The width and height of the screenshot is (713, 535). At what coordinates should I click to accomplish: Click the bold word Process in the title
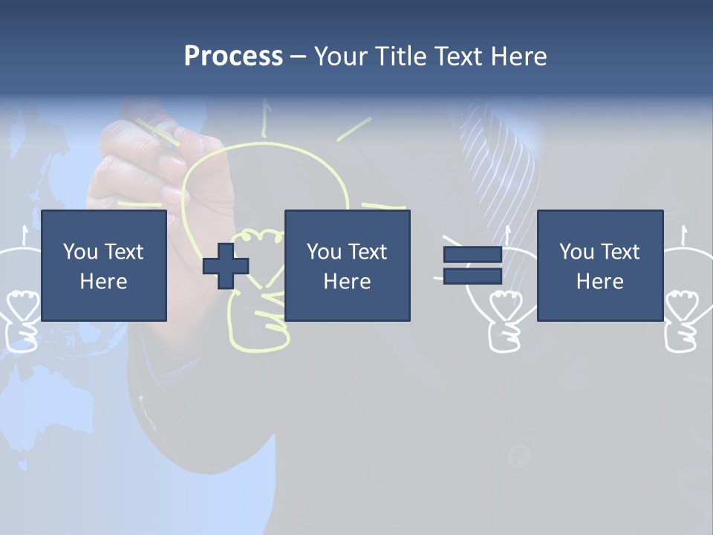click(x=233, y=56)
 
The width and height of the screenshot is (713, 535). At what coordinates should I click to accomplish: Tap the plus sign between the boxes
click(x=226, y=266)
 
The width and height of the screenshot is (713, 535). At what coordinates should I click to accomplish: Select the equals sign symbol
click(x=472, y=266)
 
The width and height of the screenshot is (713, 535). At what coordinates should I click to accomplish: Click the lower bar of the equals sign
click(x=472, y=276)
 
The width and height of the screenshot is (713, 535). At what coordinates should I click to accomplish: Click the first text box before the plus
click(x=104, y=265)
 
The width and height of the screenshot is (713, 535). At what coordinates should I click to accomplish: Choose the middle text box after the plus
click(x=347, y=265)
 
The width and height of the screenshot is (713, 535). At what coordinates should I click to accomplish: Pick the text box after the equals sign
click(x=599, y=265)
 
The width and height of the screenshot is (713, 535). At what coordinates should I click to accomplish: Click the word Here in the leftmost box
click(x=104, y=282)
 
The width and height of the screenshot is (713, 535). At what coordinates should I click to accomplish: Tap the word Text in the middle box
click(x=368, y=252)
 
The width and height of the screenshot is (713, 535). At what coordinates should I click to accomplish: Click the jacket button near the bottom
click(x=518, y=455)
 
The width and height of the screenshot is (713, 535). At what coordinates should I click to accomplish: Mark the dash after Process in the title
click(x=299, y=56)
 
